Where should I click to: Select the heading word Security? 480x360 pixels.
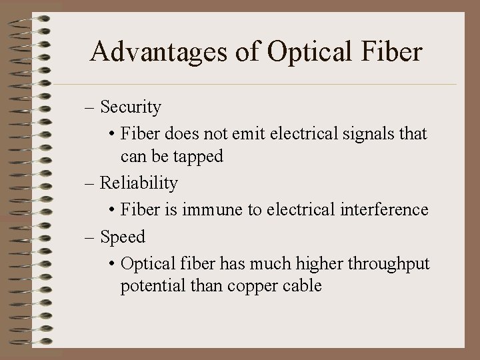[131, 107]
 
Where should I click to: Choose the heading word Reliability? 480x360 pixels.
[139, 183]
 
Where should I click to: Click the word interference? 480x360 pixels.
[382, 209]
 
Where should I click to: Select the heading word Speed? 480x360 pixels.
[123, 236]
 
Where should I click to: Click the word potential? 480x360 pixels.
[149, 287]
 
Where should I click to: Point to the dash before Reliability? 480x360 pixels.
[92, 183]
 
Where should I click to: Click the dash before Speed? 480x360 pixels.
[92, 237]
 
